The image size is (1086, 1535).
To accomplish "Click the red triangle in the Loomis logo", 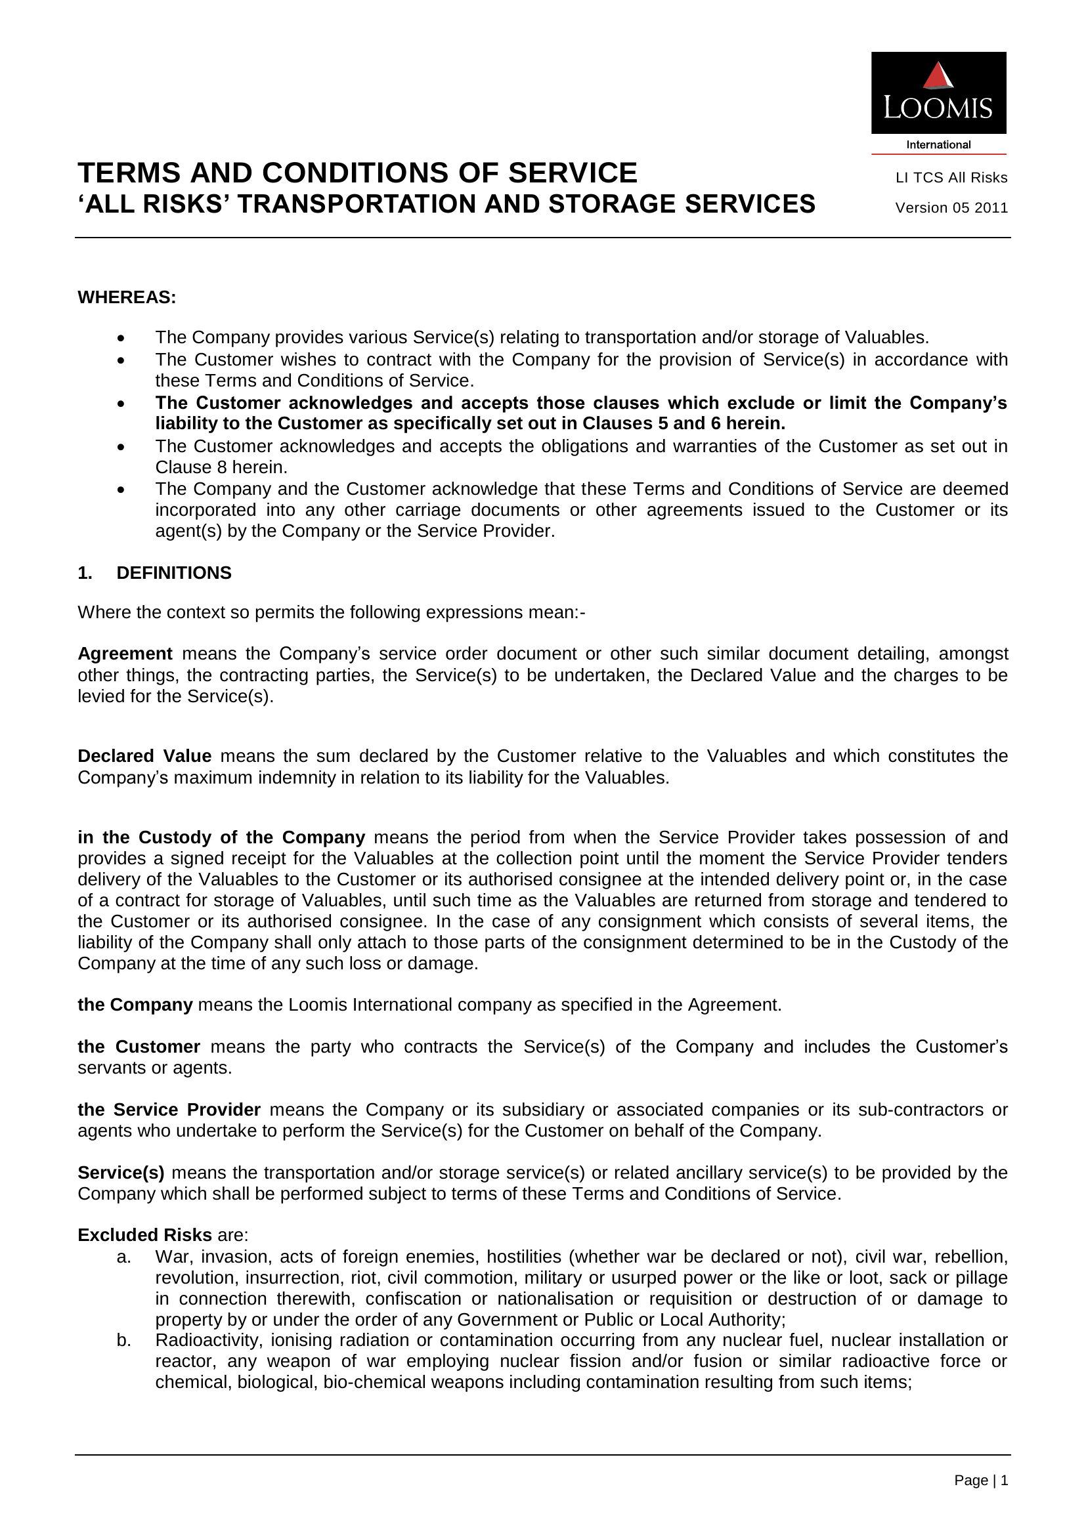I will [x=938, y=75].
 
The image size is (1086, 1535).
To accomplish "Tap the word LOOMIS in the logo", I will [x=938, y=108].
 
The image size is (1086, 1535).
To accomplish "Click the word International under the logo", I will [x=938, y=144].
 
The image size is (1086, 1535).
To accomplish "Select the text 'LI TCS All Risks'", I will [x=951, y=178].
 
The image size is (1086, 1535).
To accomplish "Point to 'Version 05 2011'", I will [x=951, y=208].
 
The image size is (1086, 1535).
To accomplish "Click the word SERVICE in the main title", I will [x=573, y=173].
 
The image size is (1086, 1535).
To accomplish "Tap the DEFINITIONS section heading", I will [x=174, y=573].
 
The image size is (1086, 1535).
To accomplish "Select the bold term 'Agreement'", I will [x=125, y=654].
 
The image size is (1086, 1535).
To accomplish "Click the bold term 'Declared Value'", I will [x=144, y=756].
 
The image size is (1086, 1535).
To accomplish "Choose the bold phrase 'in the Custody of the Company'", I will [x=221, y=837].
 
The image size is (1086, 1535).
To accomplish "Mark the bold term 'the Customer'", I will [x=139, y=1047].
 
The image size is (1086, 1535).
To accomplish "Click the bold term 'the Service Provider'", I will [x=169, y=1110].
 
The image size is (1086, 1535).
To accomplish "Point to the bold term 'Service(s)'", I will [x=121, y=1173].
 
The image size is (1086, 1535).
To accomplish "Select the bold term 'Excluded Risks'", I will [x=144, y=1235].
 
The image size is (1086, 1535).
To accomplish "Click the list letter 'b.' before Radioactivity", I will [x=123, y=1341].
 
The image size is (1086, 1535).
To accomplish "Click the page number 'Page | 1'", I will [x=980, y=1480].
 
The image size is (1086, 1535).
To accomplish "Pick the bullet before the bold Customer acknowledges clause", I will [x=121, y=404].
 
